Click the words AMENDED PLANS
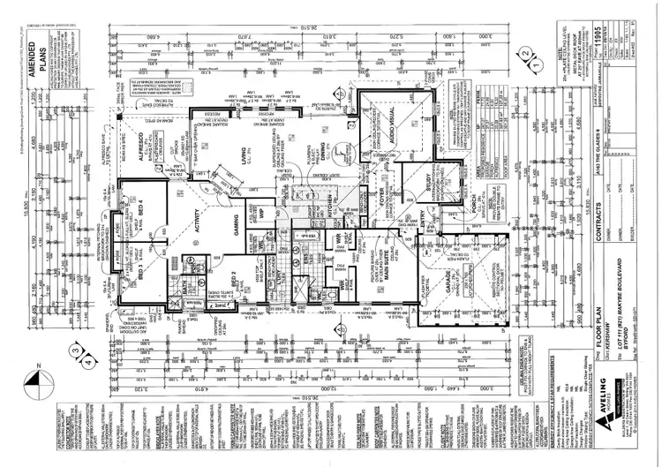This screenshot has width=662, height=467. point(41,87)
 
